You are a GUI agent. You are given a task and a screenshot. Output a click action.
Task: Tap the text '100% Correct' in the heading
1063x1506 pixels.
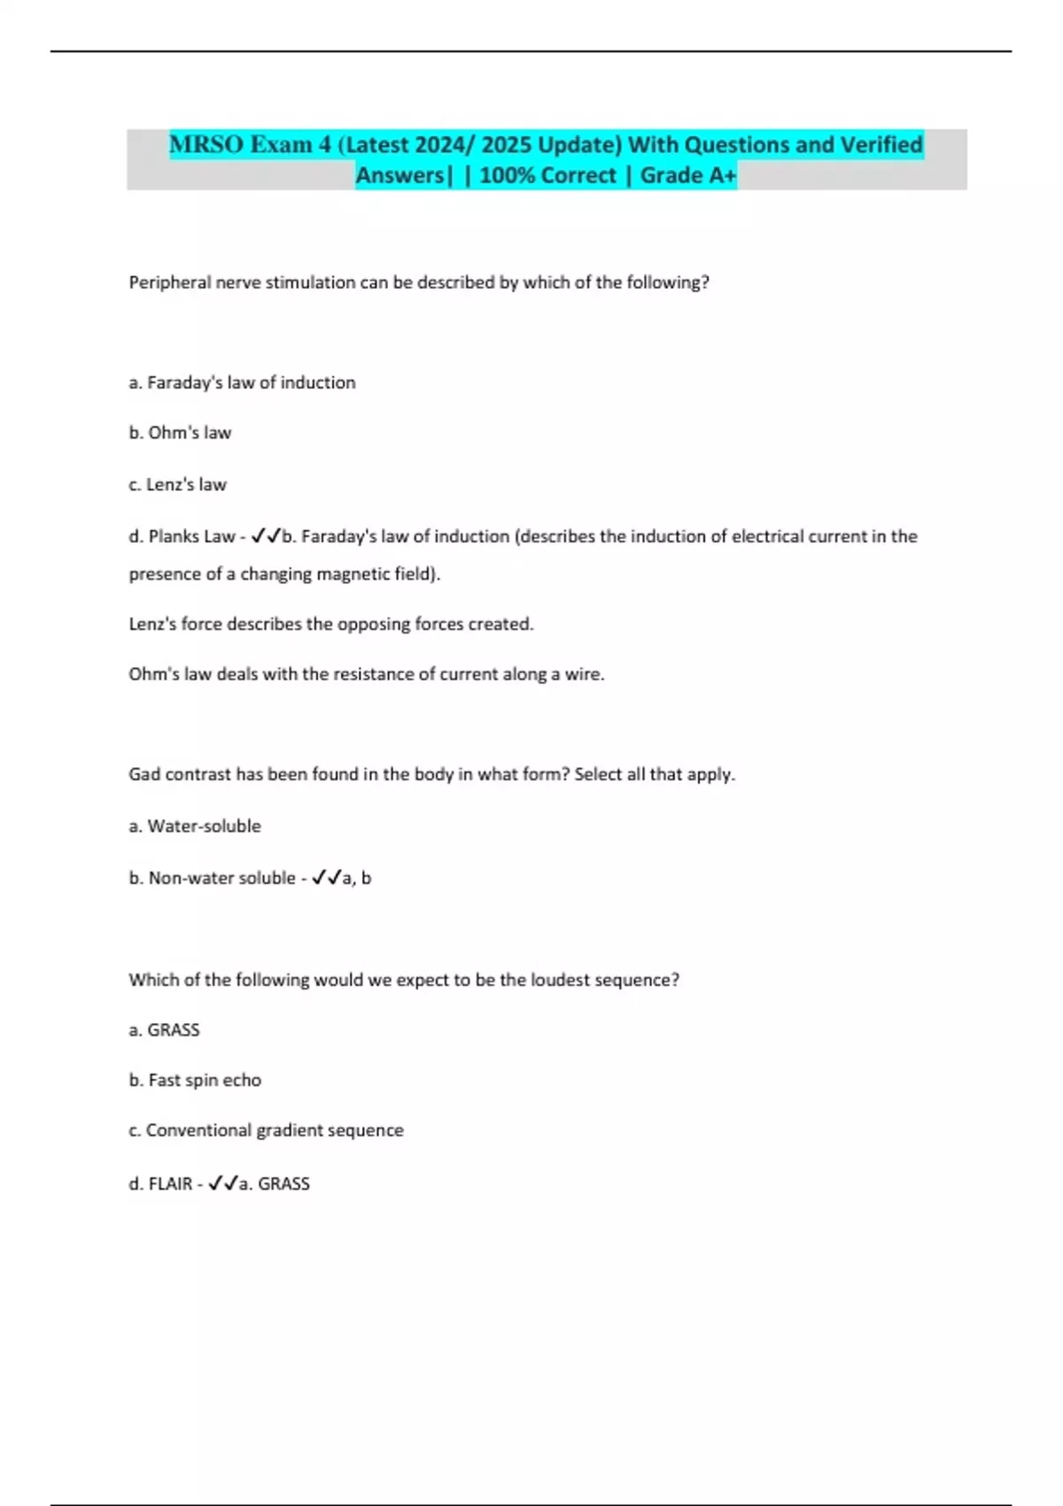547,175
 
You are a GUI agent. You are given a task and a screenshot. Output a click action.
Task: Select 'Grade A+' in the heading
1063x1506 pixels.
687,175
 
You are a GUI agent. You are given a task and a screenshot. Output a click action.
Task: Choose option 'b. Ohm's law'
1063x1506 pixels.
180,433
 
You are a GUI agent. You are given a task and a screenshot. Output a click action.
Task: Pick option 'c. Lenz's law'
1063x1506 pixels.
177,485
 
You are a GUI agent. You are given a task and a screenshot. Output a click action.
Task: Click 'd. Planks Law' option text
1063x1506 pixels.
182,537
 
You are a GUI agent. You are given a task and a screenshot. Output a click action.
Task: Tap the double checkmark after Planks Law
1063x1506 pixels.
266,536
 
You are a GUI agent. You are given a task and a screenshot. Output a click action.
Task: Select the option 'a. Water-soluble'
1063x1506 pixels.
195,827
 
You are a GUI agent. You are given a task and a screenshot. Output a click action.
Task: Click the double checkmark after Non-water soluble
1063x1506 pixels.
326,878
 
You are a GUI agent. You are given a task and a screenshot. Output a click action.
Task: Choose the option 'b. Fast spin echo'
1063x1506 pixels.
195,1081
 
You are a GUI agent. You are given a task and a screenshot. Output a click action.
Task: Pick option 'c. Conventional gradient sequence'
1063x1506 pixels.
266,1131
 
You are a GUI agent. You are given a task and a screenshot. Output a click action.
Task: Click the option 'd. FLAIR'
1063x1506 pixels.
160,1184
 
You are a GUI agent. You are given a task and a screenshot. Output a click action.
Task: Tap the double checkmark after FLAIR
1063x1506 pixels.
222,1184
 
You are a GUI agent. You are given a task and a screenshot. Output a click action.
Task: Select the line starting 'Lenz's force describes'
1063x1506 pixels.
331,625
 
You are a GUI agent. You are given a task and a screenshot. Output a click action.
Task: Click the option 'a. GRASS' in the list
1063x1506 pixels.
164,1030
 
